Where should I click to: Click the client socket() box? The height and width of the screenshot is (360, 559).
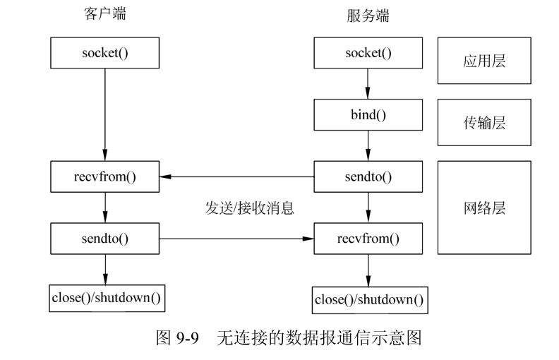(x=105, y=54)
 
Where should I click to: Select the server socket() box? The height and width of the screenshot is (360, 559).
(x=368, y=54)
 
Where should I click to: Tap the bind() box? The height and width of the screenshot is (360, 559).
(x=368, y=115)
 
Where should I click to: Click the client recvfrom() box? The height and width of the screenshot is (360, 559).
(x=105, y=176)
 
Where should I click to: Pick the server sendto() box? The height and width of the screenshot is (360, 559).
(x=368, y=176)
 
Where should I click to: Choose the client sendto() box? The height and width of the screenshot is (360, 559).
(x=105, y=238)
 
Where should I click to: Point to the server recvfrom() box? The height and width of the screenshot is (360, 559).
(x=368, y=238)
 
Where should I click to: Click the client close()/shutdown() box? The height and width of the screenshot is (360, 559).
(x=107, y=297)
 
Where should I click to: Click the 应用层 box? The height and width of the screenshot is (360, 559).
(x=484, y=61)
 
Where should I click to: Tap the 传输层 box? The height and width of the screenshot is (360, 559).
(x=484, y=122)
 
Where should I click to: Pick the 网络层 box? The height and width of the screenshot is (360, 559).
(x=484, y=208)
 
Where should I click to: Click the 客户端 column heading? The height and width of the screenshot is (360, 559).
(x=104, y=14)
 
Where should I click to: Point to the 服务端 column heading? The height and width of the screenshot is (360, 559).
(x=368, y=16)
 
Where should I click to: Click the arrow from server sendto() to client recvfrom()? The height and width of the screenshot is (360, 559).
(x=236, y=176)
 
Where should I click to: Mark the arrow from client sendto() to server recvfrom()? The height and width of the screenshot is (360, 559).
(x=236, y=239)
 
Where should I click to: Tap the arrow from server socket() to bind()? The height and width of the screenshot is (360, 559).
(x=368, y=84)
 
